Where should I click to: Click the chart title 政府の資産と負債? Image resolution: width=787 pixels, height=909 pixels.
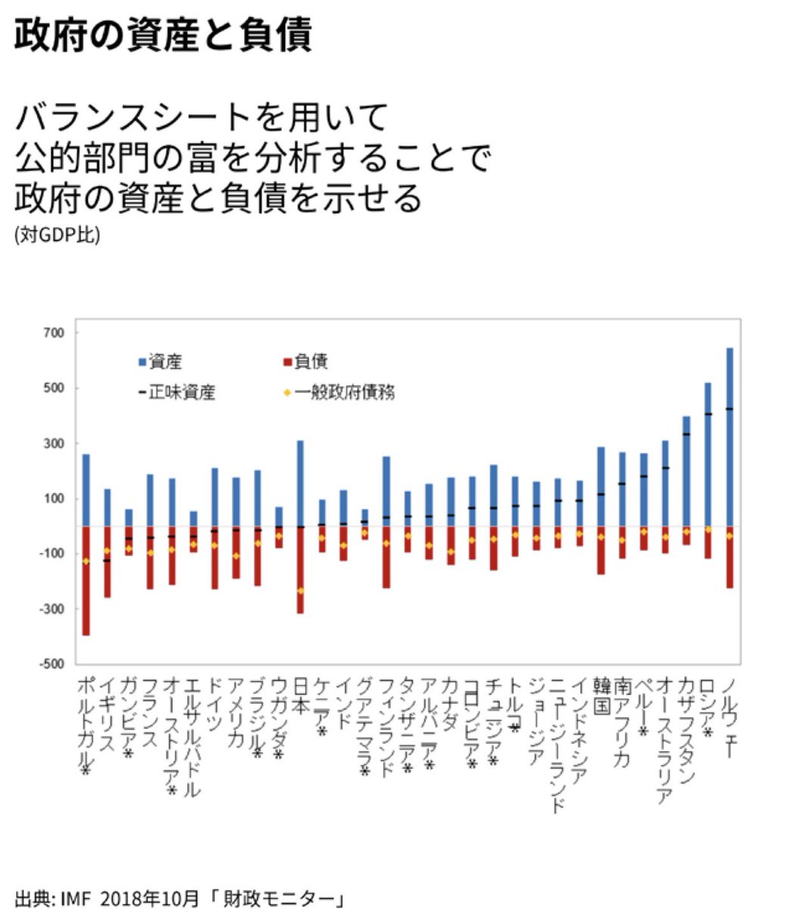point(163,36)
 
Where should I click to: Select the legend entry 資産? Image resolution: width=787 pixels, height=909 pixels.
point(160,362)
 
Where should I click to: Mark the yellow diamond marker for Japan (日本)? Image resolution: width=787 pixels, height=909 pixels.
point(300,591)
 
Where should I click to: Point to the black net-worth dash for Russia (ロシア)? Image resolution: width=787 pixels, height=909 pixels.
point(708,414)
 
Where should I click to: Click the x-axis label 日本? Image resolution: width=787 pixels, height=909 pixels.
point(300,695)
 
